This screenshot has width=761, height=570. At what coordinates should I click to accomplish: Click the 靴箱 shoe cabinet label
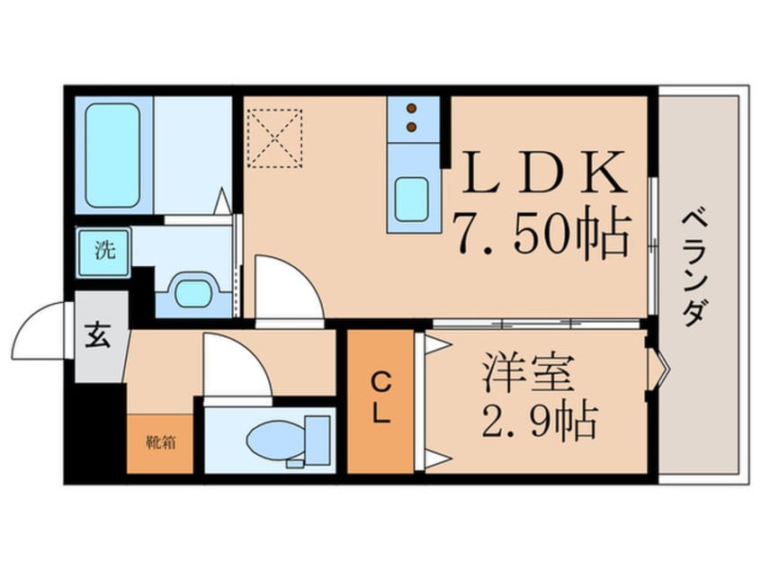[x=160, y=442]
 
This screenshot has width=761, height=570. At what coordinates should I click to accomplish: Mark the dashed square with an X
[x=275, y=138]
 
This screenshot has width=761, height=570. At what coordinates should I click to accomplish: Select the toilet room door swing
[x=236, y=361]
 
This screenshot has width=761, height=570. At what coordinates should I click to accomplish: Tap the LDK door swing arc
[x=288, y=286]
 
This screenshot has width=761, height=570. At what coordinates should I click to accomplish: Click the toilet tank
[x=317, y=435]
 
